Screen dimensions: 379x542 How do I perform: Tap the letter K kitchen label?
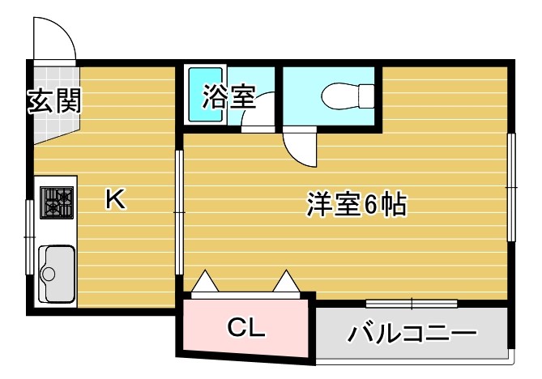(115, 199)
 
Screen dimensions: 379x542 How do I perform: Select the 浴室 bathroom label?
(228, 97)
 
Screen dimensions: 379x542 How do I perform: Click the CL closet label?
(245, 328)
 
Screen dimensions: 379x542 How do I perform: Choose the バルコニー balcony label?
(411, 333)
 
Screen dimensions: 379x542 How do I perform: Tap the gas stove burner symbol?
(57, 202)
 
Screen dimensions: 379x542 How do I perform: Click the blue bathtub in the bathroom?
(206, 95)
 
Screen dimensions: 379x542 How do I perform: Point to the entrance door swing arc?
(54, 36)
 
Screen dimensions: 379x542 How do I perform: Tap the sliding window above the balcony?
(411, 304)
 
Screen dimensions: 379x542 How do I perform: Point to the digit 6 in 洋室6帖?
(369, 206)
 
